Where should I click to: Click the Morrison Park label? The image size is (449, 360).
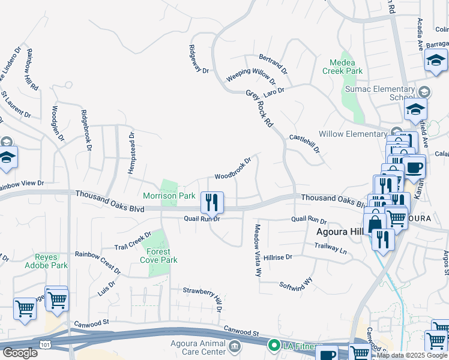pyautogui.click(x=169, y=196)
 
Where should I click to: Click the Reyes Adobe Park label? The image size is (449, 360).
pyautogui.click(x=46, y=260)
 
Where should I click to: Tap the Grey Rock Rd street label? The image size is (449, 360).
pyautogui.click(x=260, y=108)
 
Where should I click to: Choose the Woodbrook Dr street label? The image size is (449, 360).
pyautogui.click(x=233, y=169)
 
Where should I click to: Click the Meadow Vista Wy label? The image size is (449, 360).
pyautogui.click(x=258, y=250)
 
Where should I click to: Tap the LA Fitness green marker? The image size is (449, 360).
pyautogui.click(x=274, y=345)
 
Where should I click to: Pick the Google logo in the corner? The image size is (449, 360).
pyautogui.click(x=19, y=352)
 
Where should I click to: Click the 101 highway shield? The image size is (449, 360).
pyautogui.click(x=45, y=344)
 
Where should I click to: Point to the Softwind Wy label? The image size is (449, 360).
pyautogui.click(x=296, y=283)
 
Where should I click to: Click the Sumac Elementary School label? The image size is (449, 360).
pyautogui.click(x=379, y=93)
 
